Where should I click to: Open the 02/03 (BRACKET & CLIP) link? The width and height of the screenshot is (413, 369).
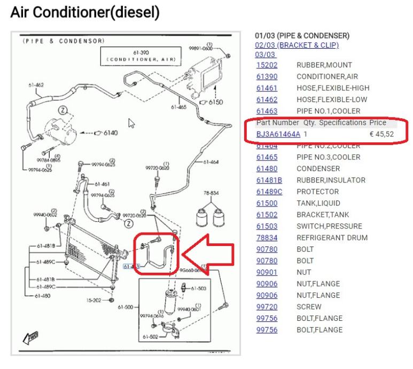pyautogui.click(x=297, y=45)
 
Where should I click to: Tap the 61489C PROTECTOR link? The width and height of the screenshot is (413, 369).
pyautogui.click(x=269, y=191)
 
